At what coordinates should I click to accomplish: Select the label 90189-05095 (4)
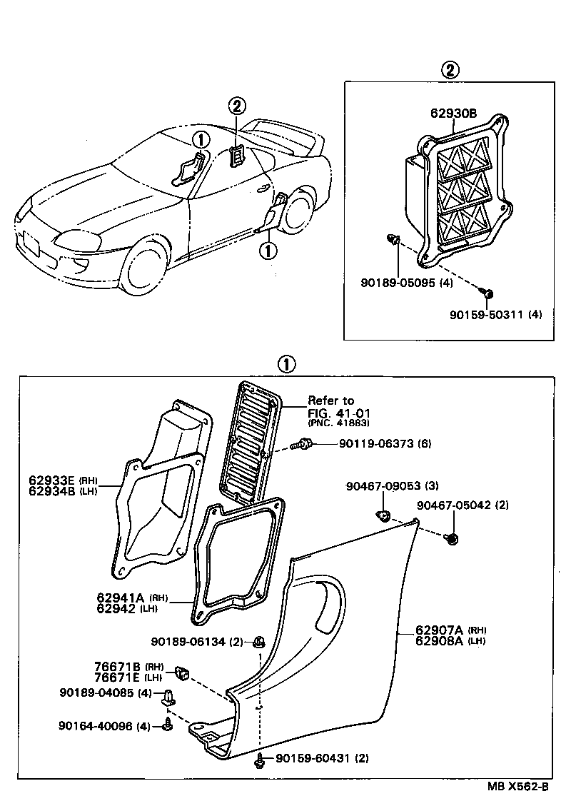406,283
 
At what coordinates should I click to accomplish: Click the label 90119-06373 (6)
385,444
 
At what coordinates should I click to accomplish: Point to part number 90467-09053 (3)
392,486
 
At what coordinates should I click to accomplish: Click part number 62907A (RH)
450,630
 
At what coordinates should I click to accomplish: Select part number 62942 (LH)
128,609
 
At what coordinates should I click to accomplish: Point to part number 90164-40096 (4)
104,726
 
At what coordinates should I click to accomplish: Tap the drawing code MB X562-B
517,787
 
